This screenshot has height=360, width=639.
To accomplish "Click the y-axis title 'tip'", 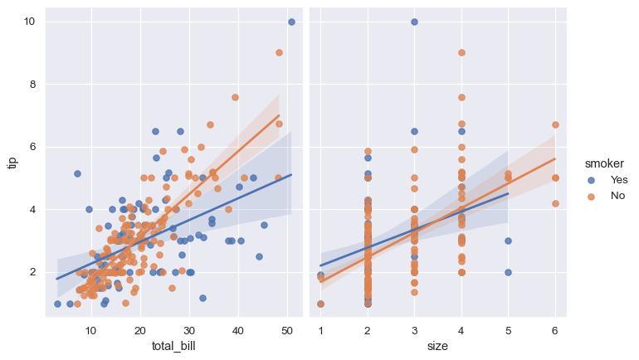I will pyautogui.click(x=12, y=162).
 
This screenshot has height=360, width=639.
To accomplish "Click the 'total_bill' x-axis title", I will pyautogui.click(x=173, y=345).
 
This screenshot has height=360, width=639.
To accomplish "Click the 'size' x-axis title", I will pyautogui.click(x=437, y=345).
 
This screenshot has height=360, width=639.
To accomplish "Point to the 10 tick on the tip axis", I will pyautogui.click(x=29, y=22).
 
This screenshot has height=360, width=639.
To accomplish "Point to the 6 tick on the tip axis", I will pyautogui.click(x=32, y=147).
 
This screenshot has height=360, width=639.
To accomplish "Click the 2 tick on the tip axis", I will pyautogui.click(x=32, y=272).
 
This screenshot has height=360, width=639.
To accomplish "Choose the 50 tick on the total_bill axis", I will pyautogui.click(x=287, y=329).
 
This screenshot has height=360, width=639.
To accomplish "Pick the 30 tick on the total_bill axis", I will pyautogui.click(x=189, y=329).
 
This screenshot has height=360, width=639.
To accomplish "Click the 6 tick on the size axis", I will pyautogui.click(x=554, y=329).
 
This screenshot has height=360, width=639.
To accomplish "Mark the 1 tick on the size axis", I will pyautogui.click(x=320, y=329).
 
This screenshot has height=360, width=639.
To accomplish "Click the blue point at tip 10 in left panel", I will pyautogui.click(x=291, y=22).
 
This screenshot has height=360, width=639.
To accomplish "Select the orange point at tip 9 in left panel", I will pyautogui.click(x=279, y=52).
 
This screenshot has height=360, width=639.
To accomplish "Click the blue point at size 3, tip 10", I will pyautogui.click(x=414, y=22).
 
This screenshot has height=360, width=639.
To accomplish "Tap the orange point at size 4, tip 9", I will pyautogui.click(x=461, y=52).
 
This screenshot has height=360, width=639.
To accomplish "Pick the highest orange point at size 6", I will pyautogui.click(x=554, y=125).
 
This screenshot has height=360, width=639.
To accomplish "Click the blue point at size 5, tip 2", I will pyautogui.click(x=508, y=272).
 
